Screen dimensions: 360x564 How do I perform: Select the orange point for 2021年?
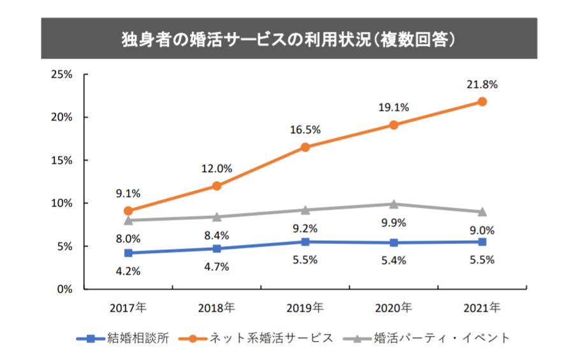tap(482, 101)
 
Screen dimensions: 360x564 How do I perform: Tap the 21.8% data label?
tap(482, 84)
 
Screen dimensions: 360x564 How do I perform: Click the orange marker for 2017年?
tap(129, 211)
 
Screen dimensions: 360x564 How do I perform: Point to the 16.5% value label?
tap(305, 129)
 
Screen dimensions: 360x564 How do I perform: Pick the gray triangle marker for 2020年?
tap(394, 204)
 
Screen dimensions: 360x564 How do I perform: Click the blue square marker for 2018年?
tap(217, 248)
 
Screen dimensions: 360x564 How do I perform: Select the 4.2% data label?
tap(129, 271)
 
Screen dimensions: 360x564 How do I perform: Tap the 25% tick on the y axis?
tap(61, 75)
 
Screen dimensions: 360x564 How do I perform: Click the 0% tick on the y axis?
tap(64, 289)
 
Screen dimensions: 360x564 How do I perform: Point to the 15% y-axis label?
tap(61, 161)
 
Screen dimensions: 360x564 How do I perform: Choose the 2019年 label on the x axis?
tap(305, 308)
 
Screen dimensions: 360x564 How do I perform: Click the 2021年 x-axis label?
tap(482, 308)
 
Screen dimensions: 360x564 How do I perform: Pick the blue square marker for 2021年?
tap(482, 242)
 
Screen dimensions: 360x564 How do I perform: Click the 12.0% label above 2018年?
tap(217, 169)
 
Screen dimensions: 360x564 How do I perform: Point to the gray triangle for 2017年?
tap(129, 220)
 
